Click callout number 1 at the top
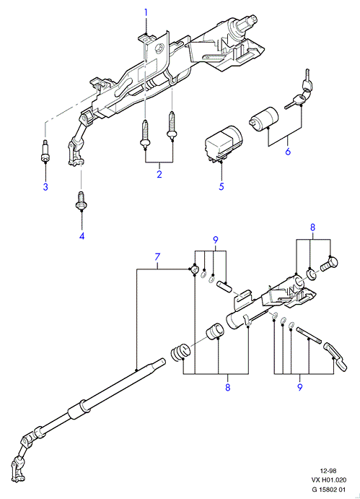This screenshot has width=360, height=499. click(146, 12)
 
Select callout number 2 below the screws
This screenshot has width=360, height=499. click(159, 174)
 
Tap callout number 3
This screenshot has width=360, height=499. click(45, 187)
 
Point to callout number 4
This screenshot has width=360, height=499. click(82, 236)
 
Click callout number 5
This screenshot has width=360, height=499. click(221, 186)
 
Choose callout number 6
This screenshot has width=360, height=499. click(288, 152)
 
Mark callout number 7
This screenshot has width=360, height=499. click(157, 257)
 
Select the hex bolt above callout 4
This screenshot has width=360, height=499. click(81, 201)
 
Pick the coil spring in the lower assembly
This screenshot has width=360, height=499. click(180, 352)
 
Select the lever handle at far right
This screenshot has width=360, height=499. click(335, 356)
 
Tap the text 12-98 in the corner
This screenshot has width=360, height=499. click(328, 471)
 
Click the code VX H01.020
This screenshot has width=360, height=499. click(328, 480)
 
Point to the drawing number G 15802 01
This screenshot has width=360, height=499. click(328, 490)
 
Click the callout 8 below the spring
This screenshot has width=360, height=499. click(227, 387)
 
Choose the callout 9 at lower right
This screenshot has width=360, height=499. click(300, 387)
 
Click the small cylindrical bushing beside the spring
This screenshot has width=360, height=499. click(216, 332)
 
